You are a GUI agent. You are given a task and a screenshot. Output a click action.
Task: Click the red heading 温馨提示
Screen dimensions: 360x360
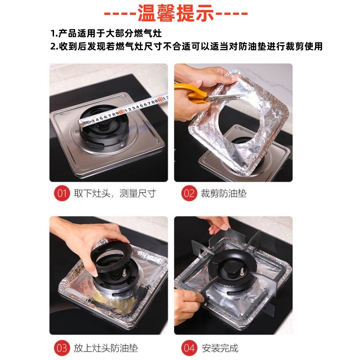tap(175, 13)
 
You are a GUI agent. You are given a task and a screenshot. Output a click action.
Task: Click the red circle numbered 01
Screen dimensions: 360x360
tap(62, 193)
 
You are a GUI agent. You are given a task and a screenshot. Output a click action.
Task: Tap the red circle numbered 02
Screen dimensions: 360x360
tap(189, 193)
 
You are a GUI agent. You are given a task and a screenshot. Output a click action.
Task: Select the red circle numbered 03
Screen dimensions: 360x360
tap(62, 348)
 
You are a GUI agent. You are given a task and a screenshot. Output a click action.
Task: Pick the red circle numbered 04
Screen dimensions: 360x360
tap(189, 348)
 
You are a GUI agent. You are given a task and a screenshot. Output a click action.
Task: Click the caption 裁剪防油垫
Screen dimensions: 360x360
tap(224, 193)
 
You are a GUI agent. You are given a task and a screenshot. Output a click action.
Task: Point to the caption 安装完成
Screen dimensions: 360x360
tap(220, 348)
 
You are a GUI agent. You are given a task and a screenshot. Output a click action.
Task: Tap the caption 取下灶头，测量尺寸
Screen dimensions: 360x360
tap(115, 193)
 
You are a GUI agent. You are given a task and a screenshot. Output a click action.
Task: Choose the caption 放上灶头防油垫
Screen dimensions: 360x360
tap(106, 348)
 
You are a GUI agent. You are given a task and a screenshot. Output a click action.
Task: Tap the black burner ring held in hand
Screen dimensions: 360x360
tap(111, 257)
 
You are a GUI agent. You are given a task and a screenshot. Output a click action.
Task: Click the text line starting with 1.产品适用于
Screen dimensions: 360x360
tap(106, 33)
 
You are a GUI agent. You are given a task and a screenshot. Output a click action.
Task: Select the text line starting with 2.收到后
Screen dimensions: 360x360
tap(186, 46)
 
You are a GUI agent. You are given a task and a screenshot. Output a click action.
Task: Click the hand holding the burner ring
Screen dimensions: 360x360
tap(92, 241)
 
